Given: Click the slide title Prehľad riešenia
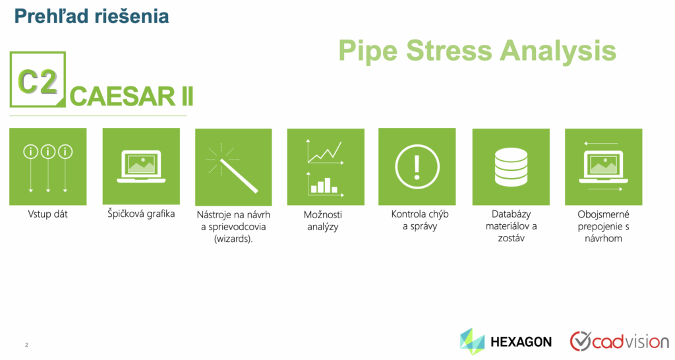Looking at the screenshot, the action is tap(91, 16).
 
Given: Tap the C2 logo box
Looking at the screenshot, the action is tap(38, 79).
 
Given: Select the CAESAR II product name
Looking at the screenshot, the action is tap(131, 96).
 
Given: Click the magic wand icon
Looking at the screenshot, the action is tap(233, 169).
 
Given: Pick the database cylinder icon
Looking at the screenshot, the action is tap(511, 167).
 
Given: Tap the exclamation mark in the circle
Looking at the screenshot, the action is tap(417, 167).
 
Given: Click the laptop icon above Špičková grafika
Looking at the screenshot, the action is tap(141, 166).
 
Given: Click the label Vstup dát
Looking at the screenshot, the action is tap(47, 214).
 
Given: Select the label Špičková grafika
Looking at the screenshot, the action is tap(141, 214).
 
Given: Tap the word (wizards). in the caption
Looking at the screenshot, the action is tap(233, 239).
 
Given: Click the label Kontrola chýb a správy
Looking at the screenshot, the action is tap(420, 220).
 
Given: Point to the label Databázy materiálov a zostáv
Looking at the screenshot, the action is tap(511, 226).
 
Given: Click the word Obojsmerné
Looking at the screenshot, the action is tap(603, 214).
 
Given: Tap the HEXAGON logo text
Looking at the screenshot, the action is tap(521, 342).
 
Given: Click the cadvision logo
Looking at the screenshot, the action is tap(620, 342).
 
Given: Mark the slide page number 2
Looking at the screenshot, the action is tap(26, 344).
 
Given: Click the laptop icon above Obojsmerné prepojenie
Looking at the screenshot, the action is tap(603, 167).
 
